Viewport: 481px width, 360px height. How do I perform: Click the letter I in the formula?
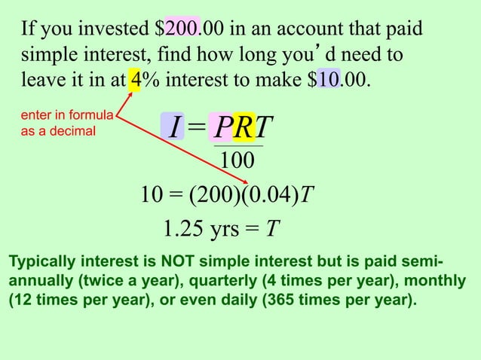pyautogui.click(x=173, y=128)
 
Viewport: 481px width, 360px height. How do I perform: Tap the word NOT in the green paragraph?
pyautogui.click(x=177, y=262)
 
